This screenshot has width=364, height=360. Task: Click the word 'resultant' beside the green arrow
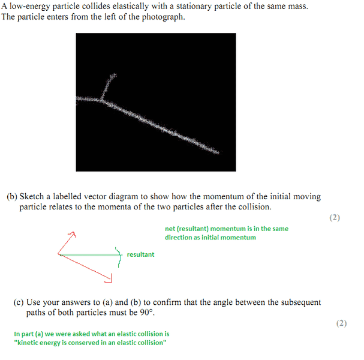140,254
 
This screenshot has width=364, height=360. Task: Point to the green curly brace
119,257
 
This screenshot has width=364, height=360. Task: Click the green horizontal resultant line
89,255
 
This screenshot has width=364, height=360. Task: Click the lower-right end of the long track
218,152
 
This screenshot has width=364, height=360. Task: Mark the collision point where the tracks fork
102,100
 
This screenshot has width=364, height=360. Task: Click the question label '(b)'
12,196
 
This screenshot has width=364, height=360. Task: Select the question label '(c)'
19,302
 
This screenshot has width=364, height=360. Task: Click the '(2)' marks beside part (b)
335,218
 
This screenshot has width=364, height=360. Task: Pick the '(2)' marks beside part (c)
341,323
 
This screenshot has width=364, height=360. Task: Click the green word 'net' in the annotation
170,229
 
